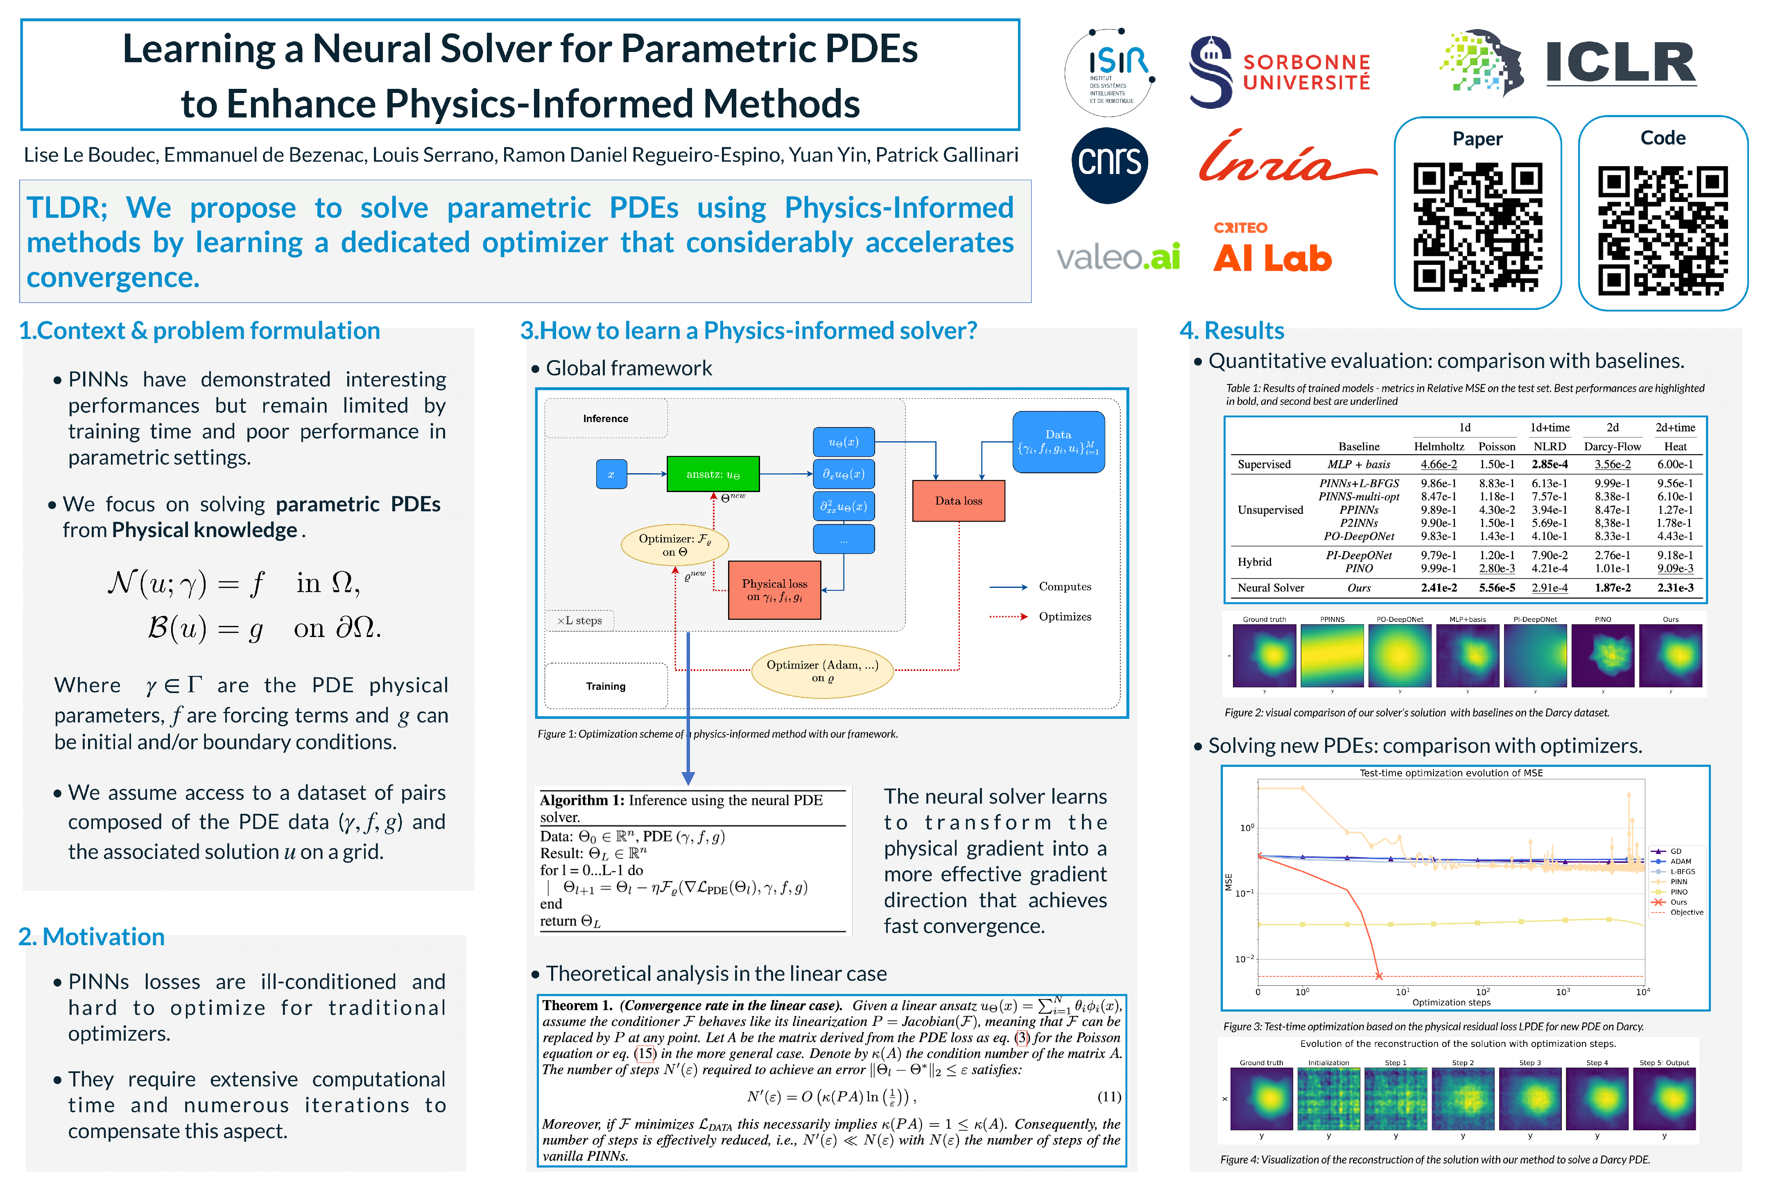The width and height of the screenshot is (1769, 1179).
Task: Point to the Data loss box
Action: [x=958, y=501]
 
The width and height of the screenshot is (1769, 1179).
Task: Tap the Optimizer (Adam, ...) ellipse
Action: [x=822, y=671]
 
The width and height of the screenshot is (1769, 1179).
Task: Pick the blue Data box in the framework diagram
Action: [x=1058, y=442]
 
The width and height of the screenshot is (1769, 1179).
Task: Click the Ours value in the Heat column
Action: [x=1675, y=588]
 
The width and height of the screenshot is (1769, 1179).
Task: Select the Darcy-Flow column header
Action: [x=1612, y=447]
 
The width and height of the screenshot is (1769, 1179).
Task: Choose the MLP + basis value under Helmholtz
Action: [x=1438, y=465]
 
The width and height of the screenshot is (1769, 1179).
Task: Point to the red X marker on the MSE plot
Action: [x=1379, y=976]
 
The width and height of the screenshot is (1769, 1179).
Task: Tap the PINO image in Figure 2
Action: [x=1602, y=656]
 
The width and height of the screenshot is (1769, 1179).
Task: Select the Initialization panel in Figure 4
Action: [x=1328, y=1098]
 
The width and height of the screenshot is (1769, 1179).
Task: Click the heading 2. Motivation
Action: [x=92, y=937]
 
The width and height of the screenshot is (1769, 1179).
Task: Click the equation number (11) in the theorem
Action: [x=1108, y=1097]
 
